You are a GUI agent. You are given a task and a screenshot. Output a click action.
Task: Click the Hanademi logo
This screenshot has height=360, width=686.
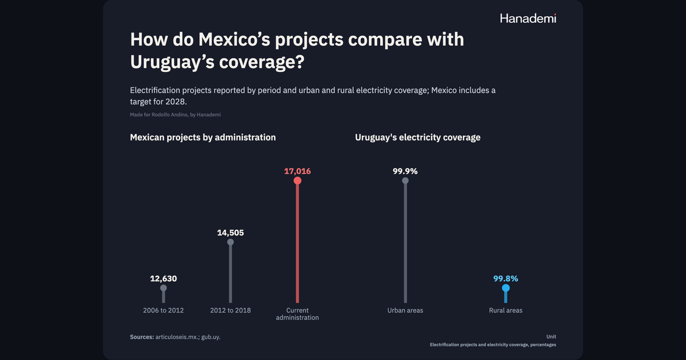tap(528, 18)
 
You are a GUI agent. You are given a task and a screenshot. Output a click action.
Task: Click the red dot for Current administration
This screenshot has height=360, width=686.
tap(297, 181)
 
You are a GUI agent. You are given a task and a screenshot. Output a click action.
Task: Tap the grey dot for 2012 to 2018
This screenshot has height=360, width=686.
tap(230, 242)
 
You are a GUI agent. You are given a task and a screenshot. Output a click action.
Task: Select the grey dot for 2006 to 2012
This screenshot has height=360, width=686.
tap(163, 288)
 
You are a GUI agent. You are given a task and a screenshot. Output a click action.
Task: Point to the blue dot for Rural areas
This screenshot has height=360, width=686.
tap(505, 288)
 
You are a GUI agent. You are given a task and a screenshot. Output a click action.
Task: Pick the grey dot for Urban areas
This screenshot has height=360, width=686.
tap(405, 181)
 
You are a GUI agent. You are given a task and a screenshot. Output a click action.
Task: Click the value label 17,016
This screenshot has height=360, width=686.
tap(297, 171)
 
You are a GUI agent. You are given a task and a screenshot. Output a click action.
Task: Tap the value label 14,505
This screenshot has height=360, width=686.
tap(230, 233)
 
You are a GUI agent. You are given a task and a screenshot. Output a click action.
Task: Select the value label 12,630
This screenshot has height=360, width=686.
tap(163, 279)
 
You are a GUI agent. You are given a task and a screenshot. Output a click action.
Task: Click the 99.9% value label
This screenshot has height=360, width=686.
tap(405, 171)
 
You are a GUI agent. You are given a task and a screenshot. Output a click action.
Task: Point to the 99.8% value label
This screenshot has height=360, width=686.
tap(505, 279)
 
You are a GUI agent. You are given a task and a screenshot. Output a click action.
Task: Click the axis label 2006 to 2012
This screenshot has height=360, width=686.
tap(163, 310)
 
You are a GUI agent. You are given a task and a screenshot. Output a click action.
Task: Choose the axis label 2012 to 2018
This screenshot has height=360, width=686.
tap(230, 310)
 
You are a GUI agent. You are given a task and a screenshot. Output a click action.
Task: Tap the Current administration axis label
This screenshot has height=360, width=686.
tap(297, 314)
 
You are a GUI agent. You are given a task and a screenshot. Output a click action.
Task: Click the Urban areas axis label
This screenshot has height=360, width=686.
tap(405, 310)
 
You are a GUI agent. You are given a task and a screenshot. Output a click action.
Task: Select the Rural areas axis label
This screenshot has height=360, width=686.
tap(505, 310)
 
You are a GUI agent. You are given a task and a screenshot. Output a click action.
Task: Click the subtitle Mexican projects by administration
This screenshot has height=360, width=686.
tap(203, 138)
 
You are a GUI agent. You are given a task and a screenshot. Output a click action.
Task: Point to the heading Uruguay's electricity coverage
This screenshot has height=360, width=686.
tap(418, 138)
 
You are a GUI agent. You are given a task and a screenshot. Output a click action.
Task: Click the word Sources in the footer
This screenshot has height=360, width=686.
tap(142, 337)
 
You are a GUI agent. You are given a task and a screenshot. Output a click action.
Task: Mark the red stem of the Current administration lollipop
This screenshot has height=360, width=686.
tap(297, 243)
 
